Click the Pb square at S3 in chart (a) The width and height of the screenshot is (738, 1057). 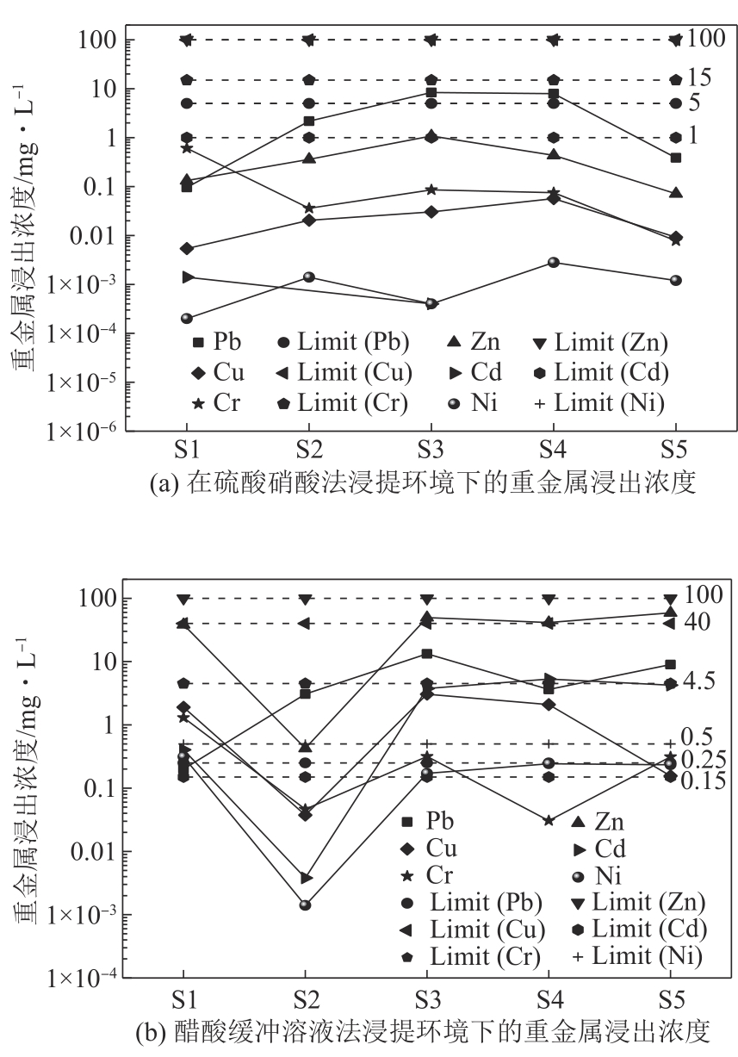431,92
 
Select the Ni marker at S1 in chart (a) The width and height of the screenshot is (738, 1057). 186,318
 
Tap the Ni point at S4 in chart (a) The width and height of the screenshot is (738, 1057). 554,262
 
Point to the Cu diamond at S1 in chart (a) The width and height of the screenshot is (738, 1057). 186,248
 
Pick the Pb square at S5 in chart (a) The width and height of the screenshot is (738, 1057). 676,158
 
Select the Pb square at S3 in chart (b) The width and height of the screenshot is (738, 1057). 426,653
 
